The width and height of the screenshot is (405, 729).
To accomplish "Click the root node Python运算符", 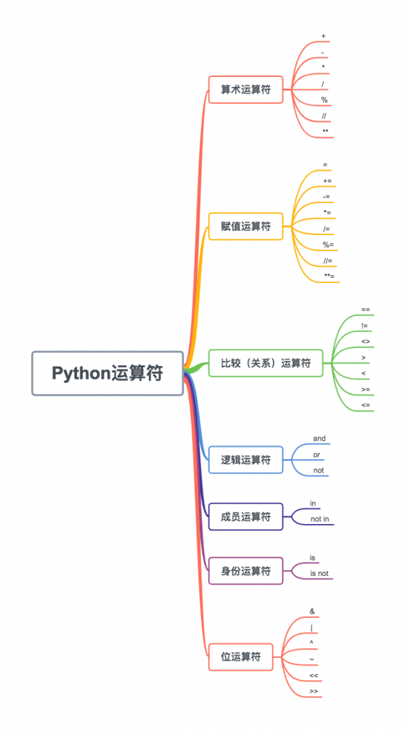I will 107,373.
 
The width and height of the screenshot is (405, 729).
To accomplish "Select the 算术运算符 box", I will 245,90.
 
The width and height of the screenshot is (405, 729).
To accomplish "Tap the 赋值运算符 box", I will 245,226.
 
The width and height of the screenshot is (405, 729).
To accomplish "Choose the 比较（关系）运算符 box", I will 265,363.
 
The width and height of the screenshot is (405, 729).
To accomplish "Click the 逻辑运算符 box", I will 245,460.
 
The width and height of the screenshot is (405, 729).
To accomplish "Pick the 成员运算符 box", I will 245,517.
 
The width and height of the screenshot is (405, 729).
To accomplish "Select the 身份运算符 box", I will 245,571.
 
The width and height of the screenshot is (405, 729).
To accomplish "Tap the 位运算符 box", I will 240,656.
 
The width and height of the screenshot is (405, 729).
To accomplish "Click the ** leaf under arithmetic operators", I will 325,132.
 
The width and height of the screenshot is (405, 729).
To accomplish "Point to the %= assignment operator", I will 327,245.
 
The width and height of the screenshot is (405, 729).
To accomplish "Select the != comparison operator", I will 364,326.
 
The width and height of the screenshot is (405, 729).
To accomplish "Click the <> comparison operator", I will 365,342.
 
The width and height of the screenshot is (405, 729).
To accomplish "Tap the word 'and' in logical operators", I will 319,439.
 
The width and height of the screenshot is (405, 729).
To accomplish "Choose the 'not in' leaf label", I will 319,519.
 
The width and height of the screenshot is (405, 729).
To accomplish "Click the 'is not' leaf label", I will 319,573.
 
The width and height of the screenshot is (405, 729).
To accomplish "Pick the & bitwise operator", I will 312,611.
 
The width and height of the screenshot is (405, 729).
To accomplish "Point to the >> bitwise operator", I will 314,691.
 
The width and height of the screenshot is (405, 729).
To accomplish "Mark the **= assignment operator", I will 329,276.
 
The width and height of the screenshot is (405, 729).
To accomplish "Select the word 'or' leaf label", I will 317,454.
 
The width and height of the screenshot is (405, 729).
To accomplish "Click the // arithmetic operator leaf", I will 324,115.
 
